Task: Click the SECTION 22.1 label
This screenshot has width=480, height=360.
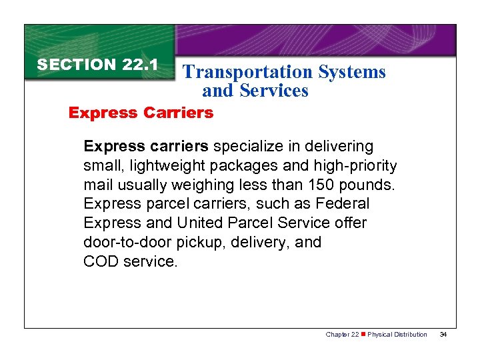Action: click(x=97, y=65)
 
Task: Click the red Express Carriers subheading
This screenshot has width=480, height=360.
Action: click(x=141, y=113)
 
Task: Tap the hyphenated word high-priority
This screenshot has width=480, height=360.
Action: click(x=351, y=165)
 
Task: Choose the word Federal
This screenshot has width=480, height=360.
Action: click(x=342, y=203)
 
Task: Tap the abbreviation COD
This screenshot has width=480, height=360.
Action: click(x=100, y=261)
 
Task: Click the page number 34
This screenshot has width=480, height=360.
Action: click(x=443, y=335)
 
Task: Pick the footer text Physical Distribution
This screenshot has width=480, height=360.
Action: click(x=397, y=335)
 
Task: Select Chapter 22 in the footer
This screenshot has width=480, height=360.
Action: click(x=341, y=335)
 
